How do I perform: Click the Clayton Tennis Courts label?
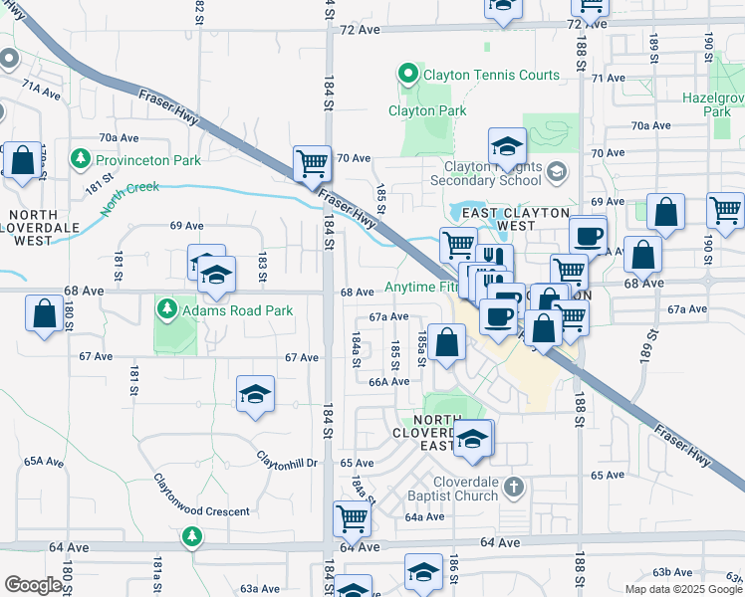pyautogui.click(x=477, y=74)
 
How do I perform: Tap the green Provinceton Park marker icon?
pyautogui.click(x=80, y=158)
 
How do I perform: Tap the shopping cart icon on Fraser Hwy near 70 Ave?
pyautogui.click(x=312, y=163)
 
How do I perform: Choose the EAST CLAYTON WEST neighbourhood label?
pyautogui.click(x=515, y=219)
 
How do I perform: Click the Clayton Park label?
pyautogui.click(x=427, y=110)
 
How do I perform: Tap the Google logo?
pyautogui.click(x=33, y=585)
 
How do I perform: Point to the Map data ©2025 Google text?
pyautogui.click(x=682, y=589)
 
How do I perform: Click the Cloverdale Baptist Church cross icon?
pyautogui.click(x=513, y=487)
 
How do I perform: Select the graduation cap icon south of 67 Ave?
pyautogui.click(x=255, y=395)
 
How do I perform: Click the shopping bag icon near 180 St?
pyautogui.click(x=45, y=314)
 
